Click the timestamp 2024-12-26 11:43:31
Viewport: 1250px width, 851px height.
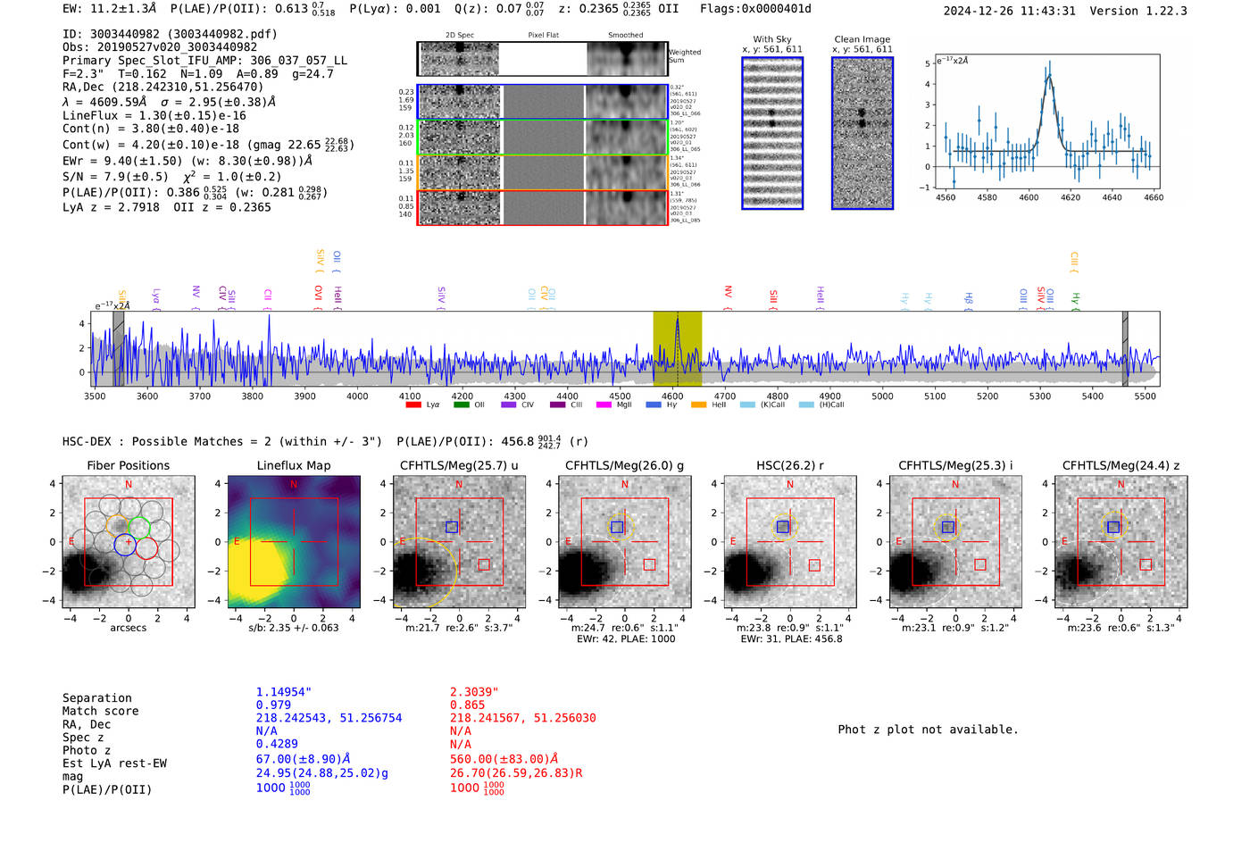(1009, 11)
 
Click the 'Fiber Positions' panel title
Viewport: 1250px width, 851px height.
(128, 465)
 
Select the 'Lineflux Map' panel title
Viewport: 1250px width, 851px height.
(293, 465)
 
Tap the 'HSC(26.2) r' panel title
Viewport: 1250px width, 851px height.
(789, 465)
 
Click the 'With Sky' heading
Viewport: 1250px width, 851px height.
(772, 39)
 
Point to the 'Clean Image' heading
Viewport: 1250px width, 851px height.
(862, 39)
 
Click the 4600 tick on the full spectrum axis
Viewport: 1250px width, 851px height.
(672, 396)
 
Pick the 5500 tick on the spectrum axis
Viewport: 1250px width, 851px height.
(1145, 396)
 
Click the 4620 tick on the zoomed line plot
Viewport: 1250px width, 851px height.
(1070, 197)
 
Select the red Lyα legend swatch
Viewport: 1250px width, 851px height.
(412, 405)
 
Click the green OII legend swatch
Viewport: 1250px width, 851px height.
(461, 405)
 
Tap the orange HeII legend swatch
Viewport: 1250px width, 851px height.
(698, 405)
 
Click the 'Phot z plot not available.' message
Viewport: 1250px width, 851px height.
(928, 730)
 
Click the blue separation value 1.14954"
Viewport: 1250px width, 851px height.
(284, 692)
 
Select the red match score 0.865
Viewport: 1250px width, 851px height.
(468, 705)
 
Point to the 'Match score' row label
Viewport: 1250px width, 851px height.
(100, 711)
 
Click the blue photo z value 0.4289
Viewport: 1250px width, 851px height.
(277, 743)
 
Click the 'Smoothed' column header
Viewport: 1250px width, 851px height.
(625, 35)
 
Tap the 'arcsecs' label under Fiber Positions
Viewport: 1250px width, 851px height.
(128, 628)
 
